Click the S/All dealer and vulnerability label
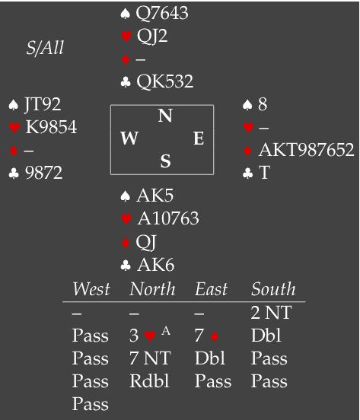45,48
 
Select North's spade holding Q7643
162,13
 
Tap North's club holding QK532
164,81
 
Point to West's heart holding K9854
51,127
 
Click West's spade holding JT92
43,104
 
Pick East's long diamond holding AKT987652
306,149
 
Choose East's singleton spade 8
263,104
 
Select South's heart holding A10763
168,218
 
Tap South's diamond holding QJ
146,242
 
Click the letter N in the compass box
165,116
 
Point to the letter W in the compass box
129,138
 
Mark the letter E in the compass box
199,138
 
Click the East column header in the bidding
211,289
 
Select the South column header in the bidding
273,289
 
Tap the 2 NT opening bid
271,313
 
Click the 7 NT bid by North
150,358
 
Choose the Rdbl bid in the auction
149,380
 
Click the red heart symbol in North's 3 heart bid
150,336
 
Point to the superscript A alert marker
166,331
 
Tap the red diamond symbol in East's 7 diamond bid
215,336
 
